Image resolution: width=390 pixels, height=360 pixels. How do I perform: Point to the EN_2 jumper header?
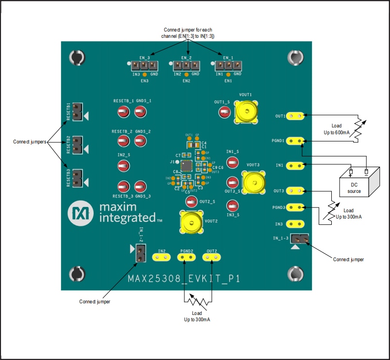186,65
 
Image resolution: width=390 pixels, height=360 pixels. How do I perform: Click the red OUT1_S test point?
224,112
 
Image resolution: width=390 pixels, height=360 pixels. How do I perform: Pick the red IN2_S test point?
123,166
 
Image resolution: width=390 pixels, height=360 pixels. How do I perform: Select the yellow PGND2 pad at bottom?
187,257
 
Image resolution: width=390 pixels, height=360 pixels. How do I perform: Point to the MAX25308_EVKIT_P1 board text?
184,279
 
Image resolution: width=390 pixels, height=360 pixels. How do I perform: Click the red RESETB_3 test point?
123,186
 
